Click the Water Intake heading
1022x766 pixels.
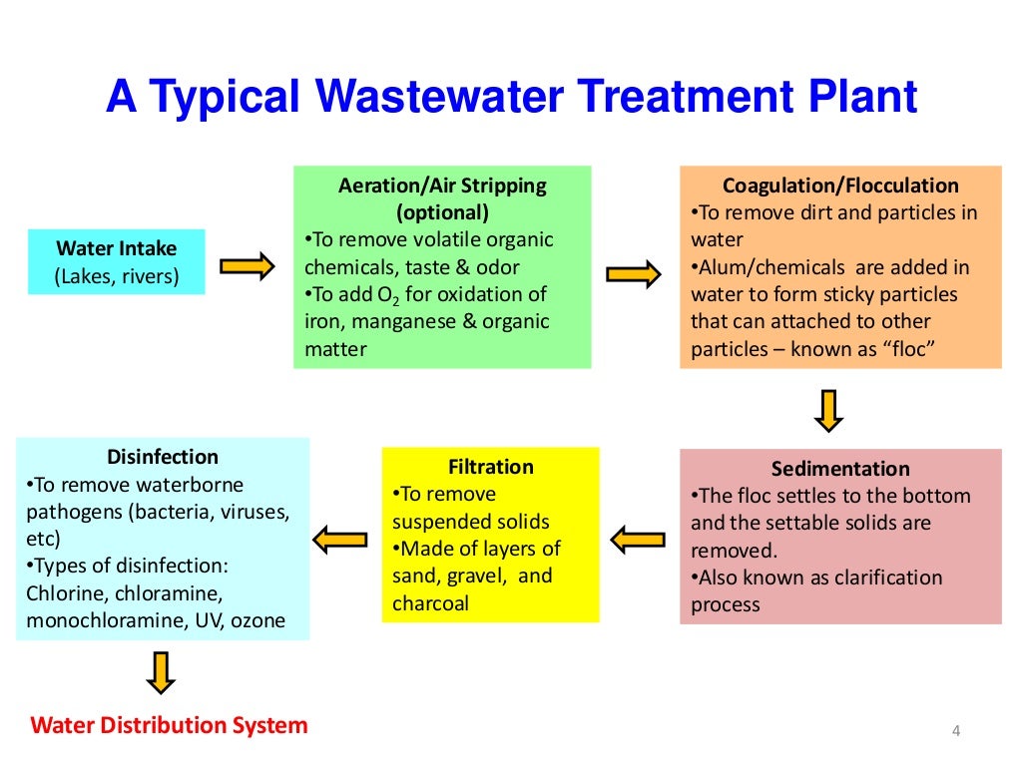[x=117, y=248]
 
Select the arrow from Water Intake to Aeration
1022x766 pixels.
[x=247, y=265]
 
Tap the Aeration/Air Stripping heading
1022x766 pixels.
[x=442, y=186]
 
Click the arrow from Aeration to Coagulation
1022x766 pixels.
[x=633, y=272]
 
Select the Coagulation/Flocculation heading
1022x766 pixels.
[x=840, y=186]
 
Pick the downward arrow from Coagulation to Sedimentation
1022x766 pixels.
[x=829, y=410]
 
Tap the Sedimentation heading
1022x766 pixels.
[x=840, y=469]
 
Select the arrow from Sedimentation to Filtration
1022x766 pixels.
[x=638, y=540]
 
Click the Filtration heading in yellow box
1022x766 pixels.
[x=491, y=467]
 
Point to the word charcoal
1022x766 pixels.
[x=430, y=602]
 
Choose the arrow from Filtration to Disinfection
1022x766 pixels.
[x=339, y=539]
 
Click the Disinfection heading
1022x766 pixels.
[x=163, y=457]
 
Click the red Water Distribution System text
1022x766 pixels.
[x=170, y=725]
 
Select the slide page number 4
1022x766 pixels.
[x=955, y=733]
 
